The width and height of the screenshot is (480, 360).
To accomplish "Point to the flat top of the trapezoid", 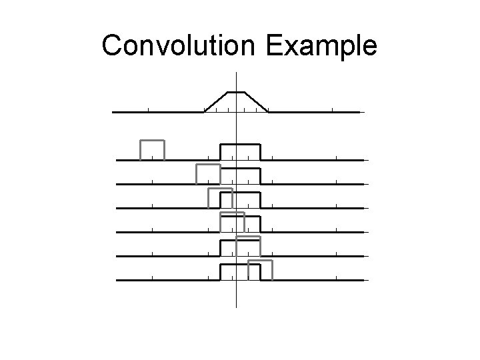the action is point(237,92).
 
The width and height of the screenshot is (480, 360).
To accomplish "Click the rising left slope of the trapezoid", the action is point(216,102).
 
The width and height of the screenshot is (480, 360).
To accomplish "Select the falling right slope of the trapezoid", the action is point(257,102).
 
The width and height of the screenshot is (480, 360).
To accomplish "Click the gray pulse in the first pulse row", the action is point(152,141).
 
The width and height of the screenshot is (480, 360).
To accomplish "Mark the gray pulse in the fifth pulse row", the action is point(247,237).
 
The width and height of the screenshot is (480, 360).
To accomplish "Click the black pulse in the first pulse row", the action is point(241,144).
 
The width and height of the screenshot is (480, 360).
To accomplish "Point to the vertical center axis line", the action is point(237,300).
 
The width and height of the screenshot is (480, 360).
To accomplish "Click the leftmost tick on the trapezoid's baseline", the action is point(148,110).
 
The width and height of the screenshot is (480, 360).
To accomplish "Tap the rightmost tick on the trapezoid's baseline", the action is point(332,110).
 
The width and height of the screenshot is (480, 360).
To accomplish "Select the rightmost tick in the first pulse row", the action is point(337,158).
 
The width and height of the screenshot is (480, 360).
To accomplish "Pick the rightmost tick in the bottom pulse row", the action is point(337,278).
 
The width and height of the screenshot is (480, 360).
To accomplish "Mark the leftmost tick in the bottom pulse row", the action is point(152,278).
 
